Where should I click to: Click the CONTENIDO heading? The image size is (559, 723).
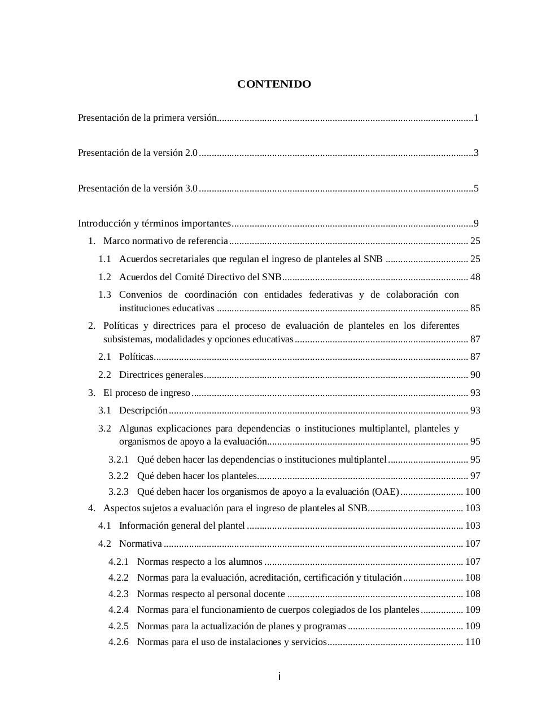(x=274, y=84)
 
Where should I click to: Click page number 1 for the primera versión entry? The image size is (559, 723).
(x=476, y=118)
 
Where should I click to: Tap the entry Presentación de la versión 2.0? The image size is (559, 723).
(x=138, y=153)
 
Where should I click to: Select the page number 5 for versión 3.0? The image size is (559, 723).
(x=476, y=189)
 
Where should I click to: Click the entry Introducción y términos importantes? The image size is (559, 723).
(x=154, y=224)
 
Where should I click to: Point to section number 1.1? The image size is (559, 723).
(x=104, y=259)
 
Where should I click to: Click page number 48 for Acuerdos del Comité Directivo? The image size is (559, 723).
(x=475, y=277)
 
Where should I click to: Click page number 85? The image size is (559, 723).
(x=475, y=308)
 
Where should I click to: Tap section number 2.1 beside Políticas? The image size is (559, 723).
(x=104, y=357)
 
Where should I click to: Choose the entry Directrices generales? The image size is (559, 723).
(x=161, y=375)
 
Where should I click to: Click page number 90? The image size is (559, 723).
(x=475, y=375)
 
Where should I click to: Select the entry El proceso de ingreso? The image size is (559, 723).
(x=147, y=393)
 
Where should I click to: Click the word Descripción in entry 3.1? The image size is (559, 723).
(x=143, y=411)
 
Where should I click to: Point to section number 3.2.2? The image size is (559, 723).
(x=119, y=476)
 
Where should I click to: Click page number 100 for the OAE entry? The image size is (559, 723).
(x=473, y=492)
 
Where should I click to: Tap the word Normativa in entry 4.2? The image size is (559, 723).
(x=141, y=544)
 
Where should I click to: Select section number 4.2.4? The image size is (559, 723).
(x=119, y=610)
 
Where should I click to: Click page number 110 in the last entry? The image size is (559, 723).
(x=473, y=642)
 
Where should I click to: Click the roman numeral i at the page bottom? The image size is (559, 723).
(x=279, y=677)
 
